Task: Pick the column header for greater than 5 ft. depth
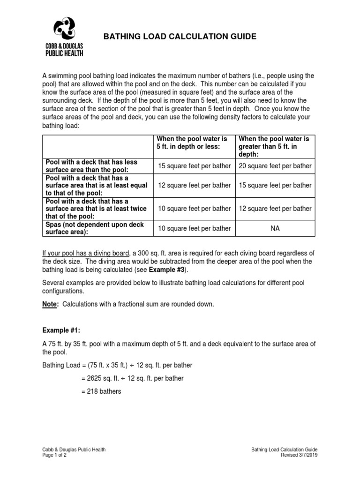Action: tap(274, 146)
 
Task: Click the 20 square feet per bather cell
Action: tap(275, 165)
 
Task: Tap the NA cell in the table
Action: tap(275, 228)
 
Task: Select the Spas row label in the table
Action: tap(89, 228)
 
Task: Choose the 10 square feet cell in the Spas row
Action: tap(194, 228)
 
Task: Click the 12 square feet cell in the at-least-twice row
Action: tap(275, 208)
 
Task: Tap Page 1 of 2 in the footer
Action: tap(54, 455)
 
